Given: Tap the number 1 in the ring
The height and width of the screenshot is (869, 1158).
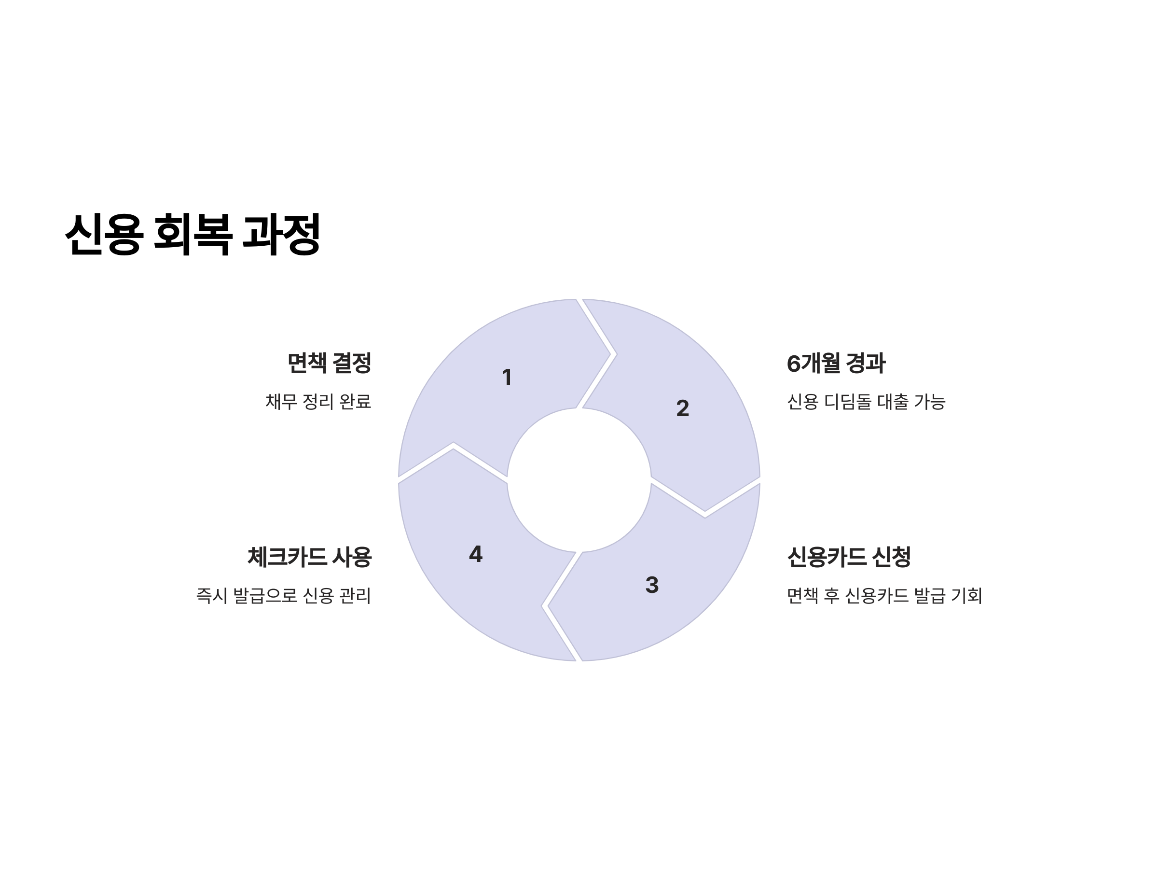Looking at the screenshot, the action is [x=506, y=378].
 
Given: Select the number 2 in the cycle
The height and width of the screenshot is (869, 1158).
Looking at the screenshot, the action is [x=682, y=408].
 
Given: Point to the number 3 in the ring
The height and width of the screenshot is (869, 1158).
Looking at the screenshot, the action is [x=652, y=585].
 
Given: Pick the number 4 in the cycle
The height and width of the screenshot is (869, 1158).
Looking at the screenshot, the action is [x=475, y=554].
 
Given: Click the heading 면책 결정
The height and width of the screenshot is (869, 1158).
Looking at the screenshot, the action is [x=329, y=363].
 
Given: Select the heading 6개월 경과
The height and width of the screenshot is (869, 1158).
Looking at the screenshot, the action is [x=836, y=363].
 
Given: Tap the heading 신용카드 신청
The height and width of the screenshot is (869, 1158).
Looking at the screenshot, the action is [x=849, y=557].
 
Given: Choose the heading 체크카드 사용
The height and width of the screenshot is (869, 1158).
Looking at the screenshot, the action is [x=309, y=557].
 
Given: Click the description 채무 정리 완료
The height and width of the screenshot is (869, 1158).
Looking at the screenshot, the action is [x=318, y=402].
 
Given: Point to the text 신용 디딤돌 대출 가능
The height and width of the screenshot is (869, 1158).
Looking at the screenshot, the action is [x=866, y=402].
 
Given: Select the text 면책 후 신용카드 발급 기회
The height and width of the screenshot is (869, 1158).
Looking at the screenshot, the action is [x=884, y=596].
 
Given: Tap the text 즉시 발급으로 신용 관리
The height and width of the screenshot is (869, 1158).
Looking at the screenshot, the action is [x=283, y=596].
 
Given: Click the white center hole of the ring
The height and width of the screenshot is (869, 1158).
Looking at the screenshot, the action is [x=579, y=480].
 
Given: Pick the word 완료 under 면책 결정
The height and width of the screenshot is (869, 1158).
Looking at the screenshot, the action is [x=355, y=402].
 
